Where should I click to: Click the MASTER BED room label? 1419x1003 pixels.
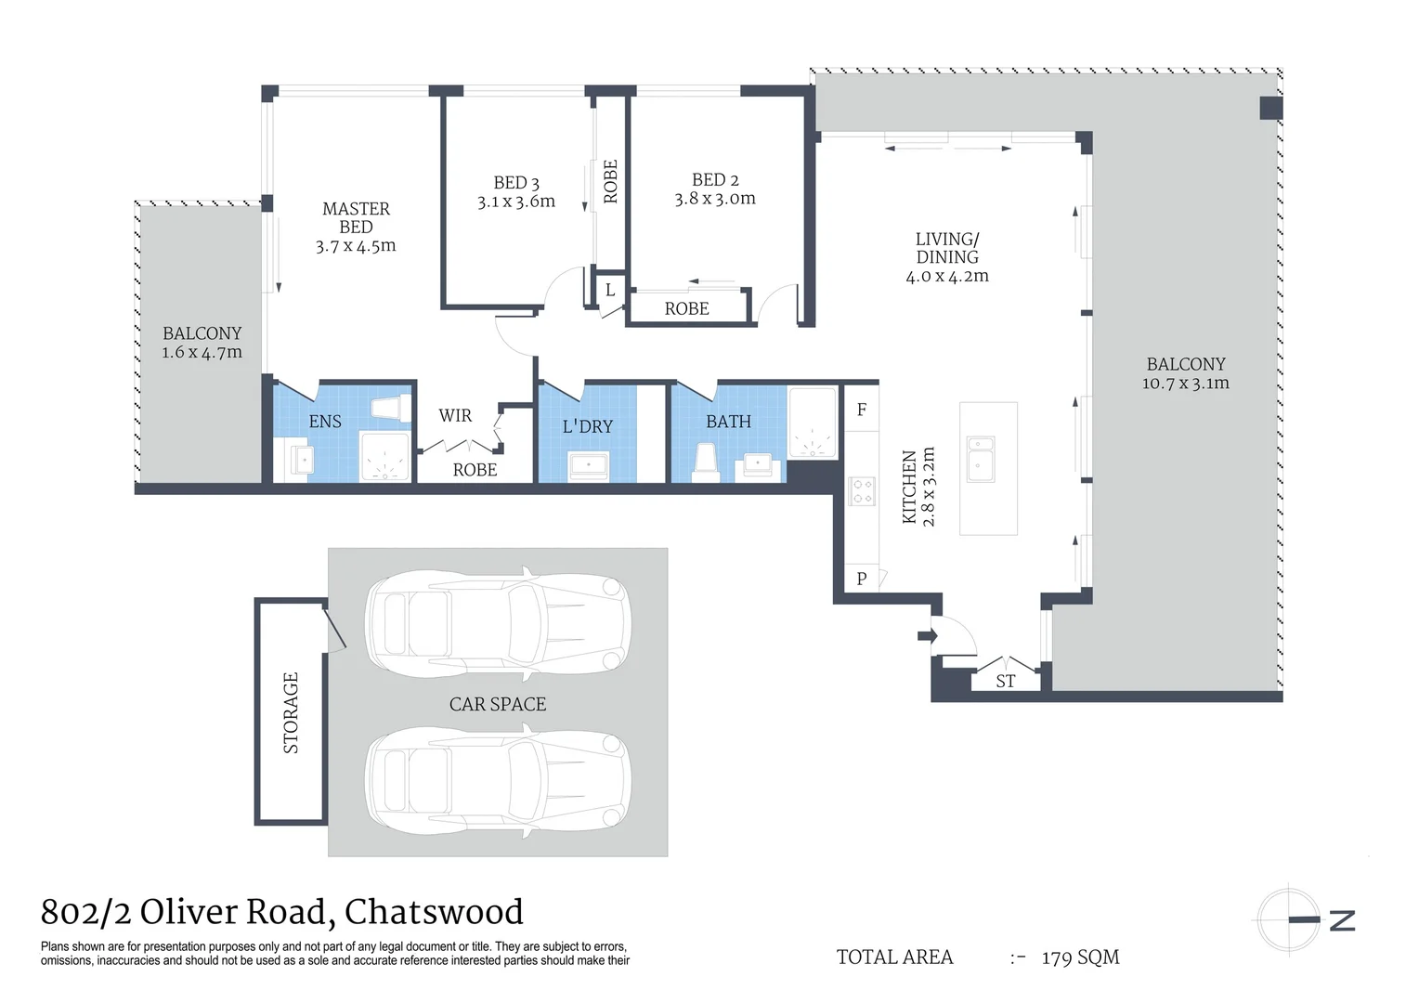356,218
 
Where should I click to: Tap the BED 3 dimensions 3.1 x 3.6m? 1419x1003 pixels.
516,202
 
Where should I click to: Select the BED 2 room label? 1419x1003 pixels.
715,179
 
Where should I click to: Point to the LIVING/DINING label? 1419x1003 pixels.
947,248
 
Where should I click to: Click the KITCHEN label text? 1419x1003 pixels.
910,487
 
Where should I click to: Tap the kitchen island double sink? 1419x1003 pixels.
980,459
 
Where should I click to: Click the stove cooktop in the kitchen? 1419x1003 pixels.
862,490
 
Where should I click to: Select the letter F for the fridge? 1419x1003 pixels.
862,410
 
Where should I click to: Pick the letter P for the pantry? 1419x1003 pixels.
862,579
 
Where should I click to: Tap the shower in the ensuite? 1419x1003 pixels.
384,456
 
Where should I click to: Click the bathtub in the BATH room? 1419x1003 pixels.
813,423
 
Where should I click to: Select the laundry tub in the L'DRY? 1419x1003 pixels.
588,465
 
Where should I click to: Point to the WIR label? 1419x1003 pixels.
455,415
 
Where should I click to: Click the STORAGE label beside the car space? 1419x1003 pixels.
291,712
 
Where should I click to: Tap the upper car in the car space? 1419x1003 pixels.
498,620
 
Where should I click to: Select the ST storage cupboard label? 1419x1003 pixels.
1005,681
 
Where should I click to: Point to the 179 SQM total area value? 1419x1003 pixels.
1080,957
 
